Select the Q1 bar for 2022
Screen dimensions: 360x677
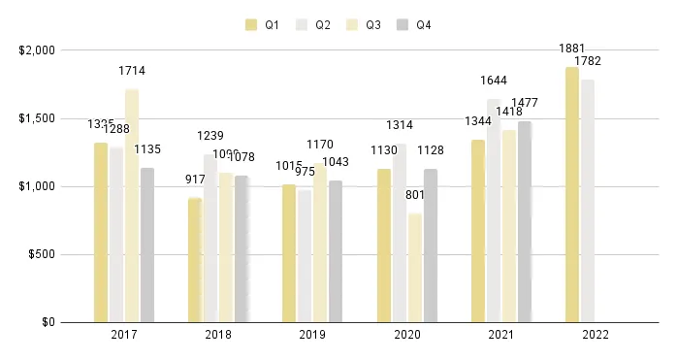[x=571, y=194]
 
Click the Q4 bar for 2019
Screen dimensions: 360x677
[x=335, y=251]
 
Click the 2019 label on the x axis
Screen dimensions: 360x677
[x=311, y=335]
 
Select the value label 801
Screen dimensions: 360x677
[x=415, y=195]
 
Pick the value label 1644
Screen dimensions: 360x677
[x=494, y=81]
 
